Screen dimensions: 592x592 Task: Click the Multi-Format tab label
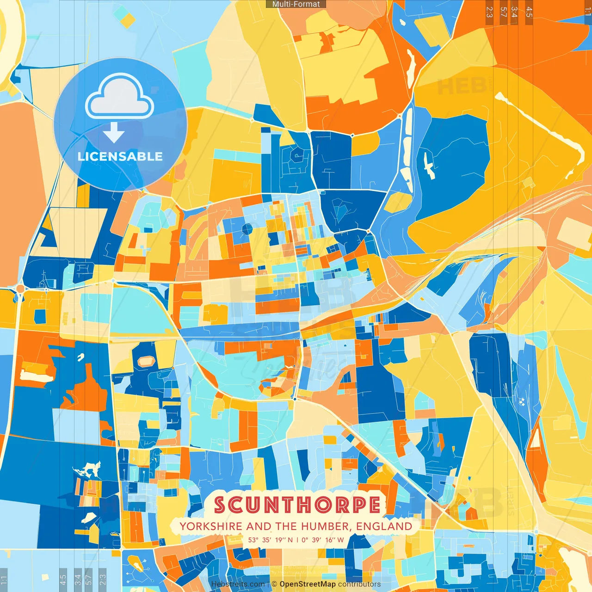point(296,4)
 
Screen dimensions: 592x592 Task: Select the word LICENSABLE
point(120,156)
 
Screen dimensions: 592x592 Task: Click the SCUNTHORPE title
point(297,505)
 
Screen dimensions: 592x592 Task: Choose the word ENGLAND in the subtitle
point(384,526)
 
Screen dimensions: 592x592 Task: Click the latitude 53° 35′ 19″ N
point(271,540)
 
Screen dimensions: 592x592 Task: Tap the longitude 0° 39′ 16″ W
point(323,540)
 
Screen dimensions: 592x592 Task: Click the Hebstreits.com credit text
point(238,584)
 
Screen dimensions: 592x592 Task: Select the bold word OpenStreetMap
point(308,584)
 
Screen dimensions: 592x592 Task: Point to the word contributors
point(359,584)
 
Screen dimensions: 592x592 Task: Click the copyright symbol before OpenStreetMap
point(274,584)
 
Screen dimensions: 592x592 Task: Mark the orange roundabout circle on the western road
point(20,289)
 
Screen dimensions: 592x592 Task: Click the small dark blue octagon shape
point(247,228)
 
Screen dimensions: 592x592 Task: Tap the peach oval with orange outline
point(146,361)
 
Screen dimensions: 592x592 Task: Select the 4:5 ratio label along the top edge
point(529,12)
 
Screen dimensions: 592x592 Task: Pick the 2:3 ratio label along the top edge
point(489,12)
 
